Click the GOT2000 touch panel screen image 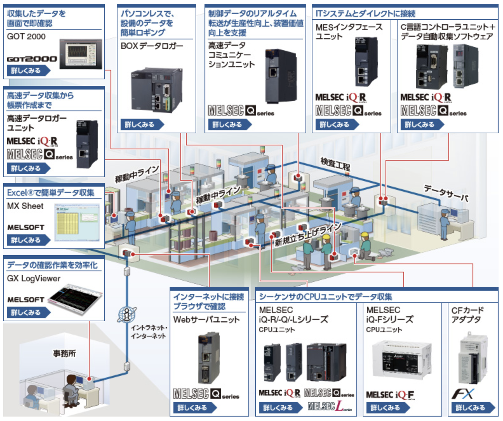tap(81, 54)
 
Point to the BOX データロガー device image tap(156, 89)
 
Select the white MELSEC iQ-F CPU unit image tap(401, 360)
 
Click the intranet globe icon tap(127, 314)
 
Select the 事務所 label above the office tap(64, 353)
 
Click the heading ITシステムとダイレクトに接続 tap(366, 13)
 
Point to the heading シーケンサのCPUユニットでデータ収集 tap(325, 297)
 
